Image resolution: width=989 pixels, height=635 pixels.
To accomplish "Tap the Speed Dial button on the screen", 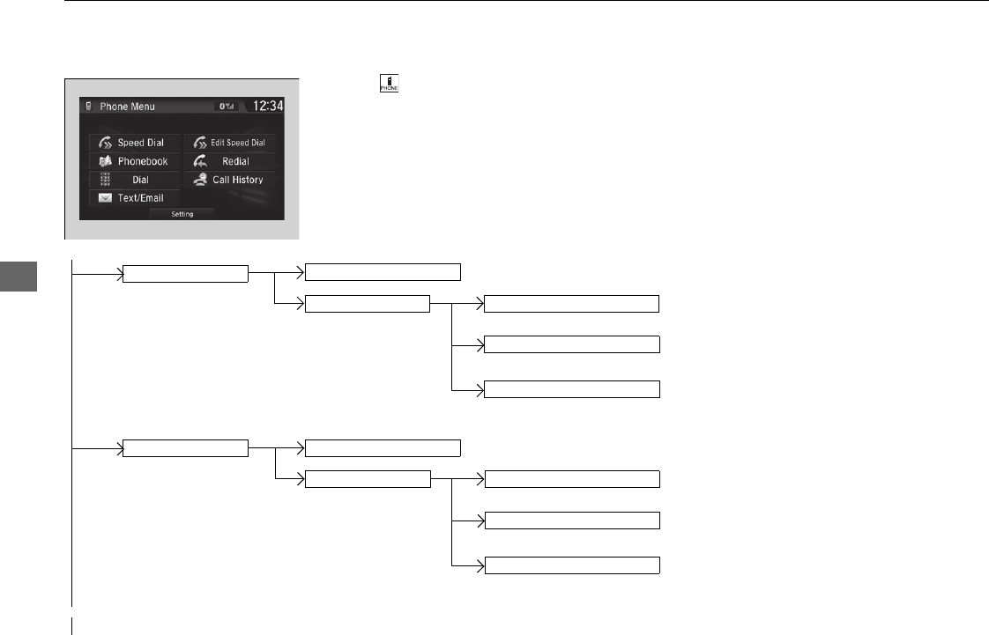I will (x=134, y=143).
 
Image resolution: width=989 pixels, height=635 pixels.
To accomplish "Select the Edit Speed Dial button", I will (x=229, y=143).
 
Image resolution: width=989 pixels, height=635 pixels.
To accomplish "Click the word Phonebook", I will (x=143, y=161).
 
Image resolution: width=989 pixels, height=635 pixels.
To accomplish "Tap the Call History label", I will (x=237, y=180).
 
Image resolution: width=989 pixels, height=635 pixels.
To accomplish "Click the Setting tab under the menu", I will (x=182, y=214).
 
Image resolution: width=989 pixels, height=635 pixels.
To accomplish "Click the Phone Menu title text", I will (x=127, y=107).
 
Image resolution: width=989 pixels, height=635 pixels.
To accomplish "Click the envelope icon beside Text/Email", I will (x=105, y=198).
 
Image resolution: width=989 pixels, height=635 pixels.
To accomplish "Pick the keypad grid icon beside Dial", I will (x=105, y=180).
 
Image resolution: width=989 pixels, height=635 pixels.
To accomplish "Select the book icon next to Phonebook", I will (x=105, y=161).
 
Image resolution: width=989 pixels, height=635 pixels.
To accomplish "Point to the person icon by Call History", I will (x=199, y=180).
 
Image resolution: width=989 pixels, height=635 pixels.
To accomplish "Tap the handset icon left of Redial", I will (x=199, y=161).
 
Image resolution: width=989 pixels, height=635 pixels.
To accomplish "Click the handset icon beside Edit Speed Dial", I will (x=199, y=143).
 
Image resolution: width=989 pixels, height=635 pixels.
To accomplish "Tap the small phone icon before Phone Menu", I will (x=89, y=107).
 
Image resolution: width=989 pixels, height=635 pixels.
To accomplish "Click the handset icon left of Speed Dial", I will (x=105, y=143).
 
